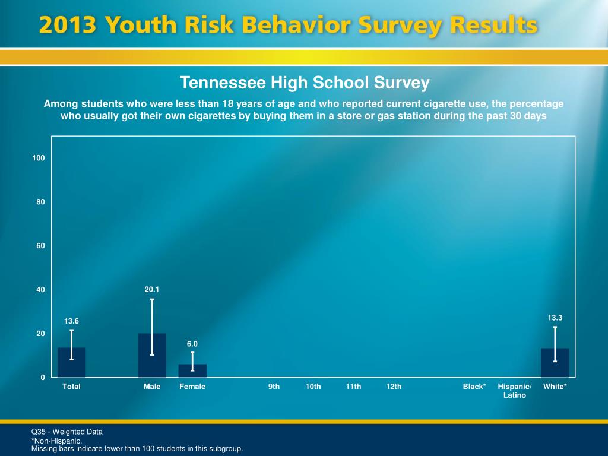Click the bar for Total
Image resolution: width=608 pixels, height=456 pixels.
click(71, 363)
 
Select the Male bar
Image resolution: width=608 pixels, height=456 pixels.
click(152, 356)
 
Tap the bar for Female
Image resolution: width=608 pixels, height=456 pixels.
click(192, 371)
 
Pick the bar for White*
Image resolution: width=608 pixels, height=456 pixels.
click(555, 363)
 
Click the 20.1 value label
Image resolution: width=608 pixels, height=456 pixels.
click(152, 289)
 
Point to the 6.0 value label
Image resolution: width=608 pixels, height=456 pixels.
click(192, 344)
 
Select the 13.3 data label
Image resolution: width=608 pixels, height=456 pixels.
click(555, 318)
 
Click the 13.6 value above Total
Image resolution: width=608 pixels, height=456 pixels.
click(71, 321)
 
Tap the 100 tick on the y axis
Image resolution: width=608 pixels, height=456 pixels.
click(39, 158)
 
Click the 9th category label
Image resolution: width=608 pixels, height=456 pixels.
click(274, 387)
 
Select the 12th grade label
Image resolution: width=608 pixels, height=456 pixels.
click(394, 387)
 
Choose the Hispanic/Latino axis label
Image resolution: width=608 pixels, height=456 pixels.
click(515, 391)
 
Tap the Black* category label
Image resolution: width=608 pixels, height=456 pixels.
click(474, 387)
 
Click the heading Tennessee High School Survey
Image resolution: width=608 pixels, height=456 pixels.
click(304, 83)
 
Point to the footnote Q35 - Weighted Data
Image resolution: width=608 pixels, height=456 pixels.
click(67, 432)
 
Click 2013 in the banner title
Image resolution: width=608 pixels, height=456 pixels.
click(66, 26)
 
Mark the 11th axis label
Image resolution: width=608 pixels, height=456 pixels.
click(353, 387)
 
